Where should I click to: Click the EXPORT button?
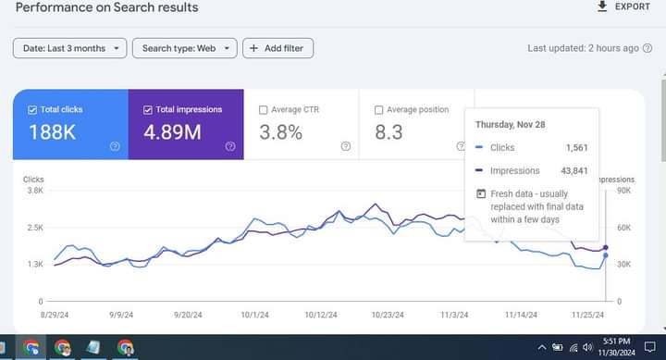[x=624, y=7]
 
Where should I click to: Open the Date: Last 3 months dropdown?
[x=69, y=48]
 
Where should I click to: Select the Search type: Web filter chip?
[x=184, y=48]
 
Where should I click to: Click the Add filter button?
[x=277, y=48]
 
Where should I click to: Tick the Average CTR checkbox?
[x=264, y=110]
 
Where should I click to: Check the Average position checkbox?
[x=379, y=110]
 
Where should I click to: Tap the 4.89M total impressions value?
[x=172, y=132]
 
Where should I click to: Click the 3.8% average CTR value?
[x=280, y=132]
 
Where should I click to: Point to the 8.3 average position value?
[x=388, y=132]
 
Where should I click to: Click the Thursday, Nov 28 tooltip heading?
[x=512, y=124]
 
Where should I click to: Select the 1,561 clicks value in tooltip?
[x=575, y=147]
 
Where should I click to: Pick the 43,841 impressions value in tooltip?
[x=573, y=170]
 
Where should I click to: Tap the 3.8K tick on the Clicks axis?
[x=34, y=190]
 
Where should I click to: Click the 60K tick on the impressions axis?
[x=623, y=227]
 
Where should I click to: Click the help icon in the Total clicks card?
[x=115, y=146]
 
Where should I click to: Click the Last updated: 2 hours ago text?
[x=583, y=48]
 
